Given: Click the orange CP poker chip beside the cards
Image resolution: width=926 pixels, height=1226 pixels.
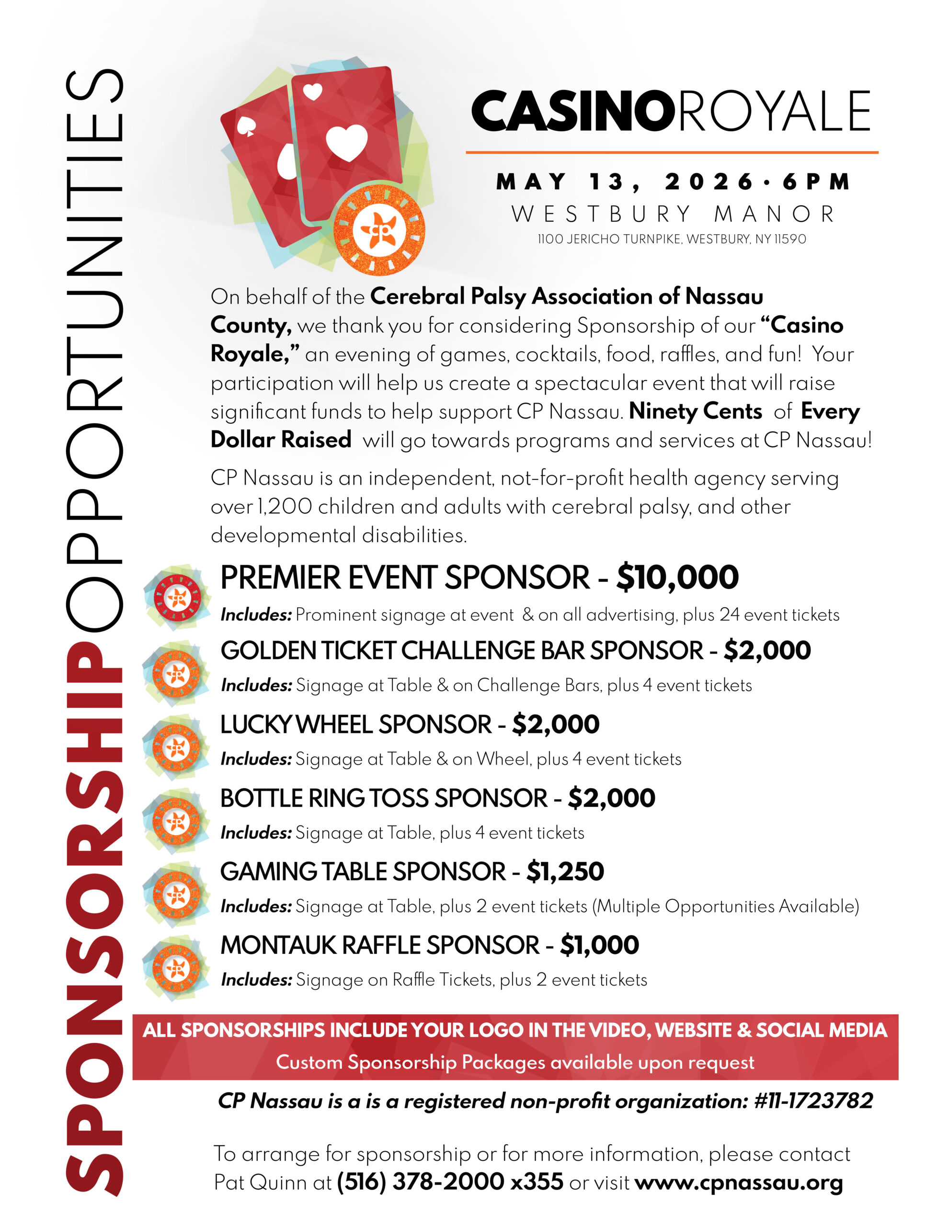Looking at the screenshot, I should (x=379, y=229).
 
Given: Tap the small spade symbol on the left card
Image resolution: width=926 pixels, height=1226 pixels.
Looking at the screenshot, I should (x=245, y=126).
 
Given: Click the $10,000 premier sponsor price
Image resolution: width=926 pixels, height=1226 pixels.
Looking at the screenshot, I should (x=677, y=577).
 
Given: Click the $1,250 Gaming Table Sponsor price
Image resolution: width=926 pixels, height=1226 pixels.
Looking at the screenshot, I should (x=564, y=871).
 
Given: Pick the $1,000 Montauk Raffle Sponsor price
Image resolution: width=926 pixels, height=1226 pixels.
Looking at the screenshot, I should (x=599, y=945).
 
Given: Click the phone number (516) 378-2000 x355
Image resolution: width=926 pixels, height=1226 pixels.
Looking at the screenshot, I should (x=450, y=1181).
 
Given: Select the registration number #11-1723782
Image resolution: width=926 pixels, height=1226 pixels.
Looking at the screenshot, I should (x=813, y=1101).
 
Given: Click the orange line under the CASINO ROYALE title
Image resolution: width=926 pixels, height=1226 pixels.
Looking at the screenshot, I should (x=672, y=151).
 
